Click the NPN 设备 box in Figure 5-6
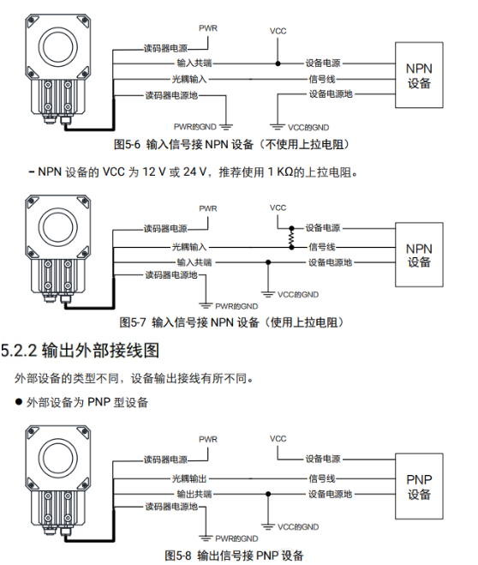point(419,75)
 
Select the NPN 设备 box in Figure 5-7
point(419,255)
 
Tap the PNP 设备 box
point(419,486)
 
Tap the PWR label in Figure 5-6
point(208,28)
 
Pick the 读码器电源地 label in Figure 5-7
point(170,275)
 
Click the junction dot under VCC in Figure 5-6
point(278,63)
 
